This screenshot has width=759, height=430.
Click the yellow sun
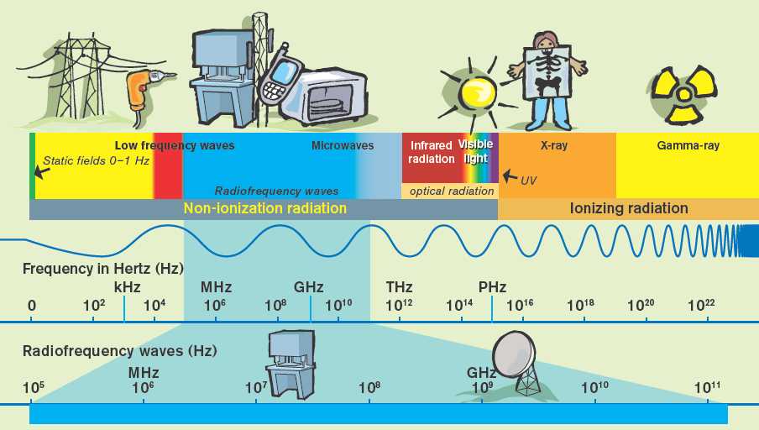coord(479,93)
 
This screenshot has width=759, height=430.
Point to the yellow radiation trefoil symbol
coord(683,94)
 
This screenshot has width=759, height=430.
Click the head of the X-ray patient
coord(547,43)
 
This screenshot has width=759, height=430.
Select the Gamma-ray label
coord(688,145)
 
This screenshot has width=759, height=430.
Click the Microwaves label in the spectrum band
coord(343,145)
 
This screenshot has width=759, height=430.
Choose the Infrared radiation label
coord(432,152)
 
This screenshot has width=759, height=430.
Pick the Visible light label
coord(476,151)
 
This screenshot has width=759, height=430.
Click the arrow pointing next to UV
coord(510,176)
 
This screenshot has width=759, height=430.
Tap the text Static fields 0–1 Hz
coord(96,160)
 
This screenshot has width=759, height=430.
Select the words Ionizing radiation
coord(629,208)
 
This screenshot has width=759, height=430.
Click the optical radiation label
coord(452,191)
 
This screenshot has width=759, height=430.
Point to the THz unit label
coord(399,287)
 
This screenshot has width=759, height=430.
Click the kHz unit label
coord(128,287)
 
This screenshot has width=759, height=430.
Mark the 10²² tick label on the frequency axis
coord(701,305)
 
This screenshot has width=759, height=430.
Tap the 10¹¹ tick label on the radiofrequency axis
coord(707,387)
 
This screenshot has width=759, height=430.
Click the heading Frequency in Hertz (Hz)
coord(103,269)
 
